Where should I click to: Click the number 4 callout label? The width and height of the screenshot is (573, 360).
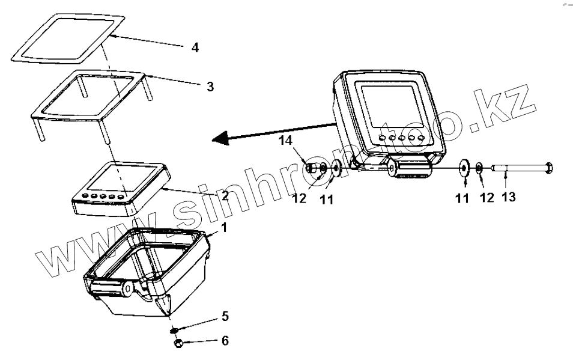[x=195, y=47]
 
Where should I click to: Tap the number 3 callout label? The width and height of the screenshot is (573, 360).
[x=210, y=86]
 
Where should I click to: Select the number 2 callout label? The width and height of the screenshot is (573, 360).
[x=225, y=196]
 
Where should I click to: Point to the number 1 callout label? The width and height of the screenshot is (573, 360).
[x=224, y=228]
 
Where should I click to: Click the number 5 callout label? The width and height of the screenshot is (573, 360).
[x=225, y=316]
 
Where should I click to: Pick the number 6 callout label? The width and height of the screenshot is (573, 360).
[x=225, y=341]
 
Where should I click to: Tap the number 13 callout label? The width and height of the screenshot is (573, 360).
[x=508, y=197]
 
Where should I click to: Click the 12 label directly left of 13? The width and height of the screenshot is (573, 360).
[x=487, y=197]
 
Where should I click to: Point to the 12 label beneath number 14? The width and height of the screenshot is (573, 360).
[x=300, y=197]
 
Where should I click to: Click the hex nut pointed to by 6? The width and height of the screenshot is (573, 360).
[x=178, y=343]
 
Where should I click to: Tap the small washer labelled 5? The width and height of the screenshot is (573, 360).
[x=174, y=329]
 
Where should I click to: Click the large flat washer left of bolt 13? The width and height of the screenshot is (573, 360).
[x=464, y=168]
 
